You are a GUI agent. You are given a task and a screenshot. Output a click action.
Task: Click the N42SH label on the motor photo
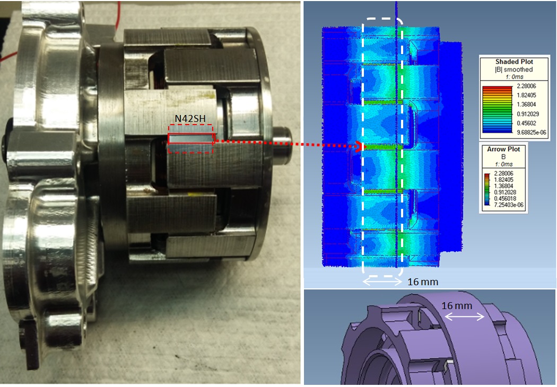[190, 119]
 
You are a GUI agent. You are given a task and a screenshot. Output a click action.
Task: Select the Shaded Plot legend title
[514, 62]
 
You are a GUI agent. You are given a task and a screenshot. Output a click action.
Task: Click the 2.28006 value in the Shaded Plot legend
[526, 86]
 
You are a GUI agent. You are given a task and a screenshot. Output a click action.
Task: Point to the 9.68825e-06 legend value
[531, 133]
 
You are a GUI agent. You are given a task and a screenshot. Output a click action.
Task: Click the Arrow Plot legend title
[503, 149]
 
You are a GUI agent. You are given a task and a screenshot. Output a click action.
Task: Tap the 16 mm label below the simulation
[423, 282]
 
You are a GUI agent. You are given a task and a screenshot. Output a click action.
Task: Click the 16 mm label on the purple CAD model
[457, 306]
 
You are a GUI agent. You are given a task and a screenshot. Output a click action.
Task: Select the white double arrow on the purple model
[465, 316]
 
